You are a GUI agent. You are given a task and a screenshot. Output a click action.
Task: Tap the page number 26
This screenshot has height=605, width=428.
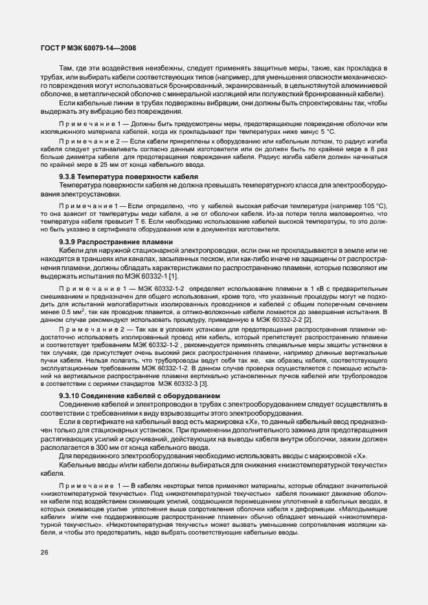(x=44, y=552)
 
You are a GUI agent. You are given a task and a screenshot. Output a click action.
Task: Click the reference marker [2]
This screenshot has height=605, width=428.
(x=308, y=319)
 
